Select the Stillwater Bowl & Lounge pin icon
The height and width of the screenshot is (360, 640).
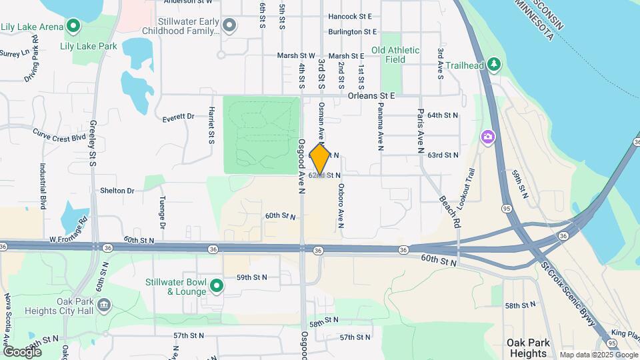pos(216,287)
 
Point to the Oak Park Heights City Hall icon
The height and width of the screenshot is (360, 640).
pos(103,305)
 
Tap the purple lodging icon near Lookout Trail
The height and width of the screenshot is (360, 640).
pos(488,137)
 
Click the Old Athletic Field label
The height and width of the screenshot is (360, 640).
pos(395,55)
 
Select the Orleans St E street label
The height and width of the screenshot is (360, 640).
pos(371,95)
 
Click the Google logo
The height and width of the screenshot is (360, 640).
pos(22,351)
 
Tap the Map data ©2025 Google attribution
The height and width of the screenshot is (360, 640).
pos(597,355)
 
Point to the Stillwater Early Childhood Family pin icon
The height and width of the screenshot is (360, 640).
pos(229,26)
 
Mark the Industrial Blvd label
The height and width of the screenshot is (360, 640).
pos(43,187)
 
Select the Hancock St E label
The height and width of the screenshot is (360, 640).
pos(350,15)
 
